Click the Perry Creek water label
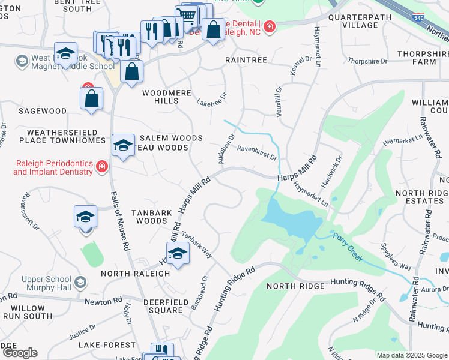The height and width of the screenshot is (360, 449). click(x=349, y=242)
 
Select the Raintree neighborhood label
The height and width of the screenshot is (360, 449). click(x=246, y=60)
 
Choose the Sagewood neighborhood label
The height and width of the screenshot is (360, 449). click(x=42, y=111)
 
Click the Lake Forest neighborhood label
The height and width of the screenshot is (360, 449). click(x=110, y=345)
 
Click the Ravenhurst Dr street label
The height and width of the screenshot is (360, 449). click(x=256, y=152)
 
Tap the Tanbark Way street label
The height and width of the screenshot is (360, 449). click(x=197, y=245)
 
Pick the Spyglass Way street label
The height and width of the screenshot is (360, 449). click(x=396, y=256)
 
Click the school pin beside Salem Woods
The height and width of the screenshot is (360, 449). click(x=123, y=146)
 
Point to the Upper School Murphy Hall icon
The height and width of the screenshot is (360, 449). click(x=79, y=282)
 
